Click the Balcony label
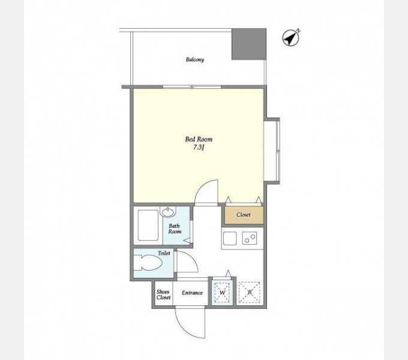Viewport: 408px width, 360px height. click(195, 59)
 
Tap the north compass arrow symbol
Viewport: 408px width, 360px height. click(291, 38)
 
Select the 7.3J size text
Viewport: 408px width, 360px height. click(199, 148)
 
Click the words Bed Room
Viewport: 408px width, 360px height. click(199, 139)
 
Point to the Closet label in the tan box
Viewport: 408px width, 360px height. click(244, 215)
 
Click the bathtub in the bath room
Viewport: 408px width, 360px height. click(148, 225)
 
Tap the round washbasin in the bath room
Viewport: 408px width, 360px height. click(168, 212)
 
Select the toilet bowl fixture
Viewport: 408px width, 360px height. click(148, 263)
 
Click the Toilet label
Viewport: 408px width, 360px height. click(164, 253)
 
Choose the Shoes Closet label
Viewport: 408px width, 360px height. click(163, 295)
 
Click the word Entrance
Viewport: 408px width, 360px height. click(192, 293)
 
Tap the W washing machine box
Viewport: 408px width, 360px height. click(222, 292)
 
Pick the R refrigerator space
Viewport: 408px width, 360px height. click(250, 292)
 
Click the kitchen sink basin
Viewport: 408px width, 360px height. click(230, 238)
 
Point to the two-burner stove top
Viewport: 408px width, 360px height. click(250, 238)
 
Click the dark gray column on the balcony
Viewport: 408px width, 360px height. click(249, 44)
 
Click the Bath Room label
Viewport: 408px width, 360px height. click(175, 229)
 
